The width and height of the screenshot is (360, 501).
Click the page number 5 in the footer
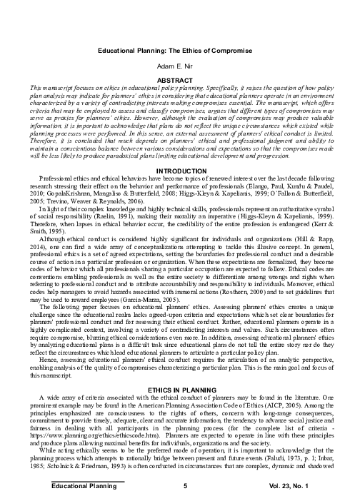(x=184, y=486)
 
